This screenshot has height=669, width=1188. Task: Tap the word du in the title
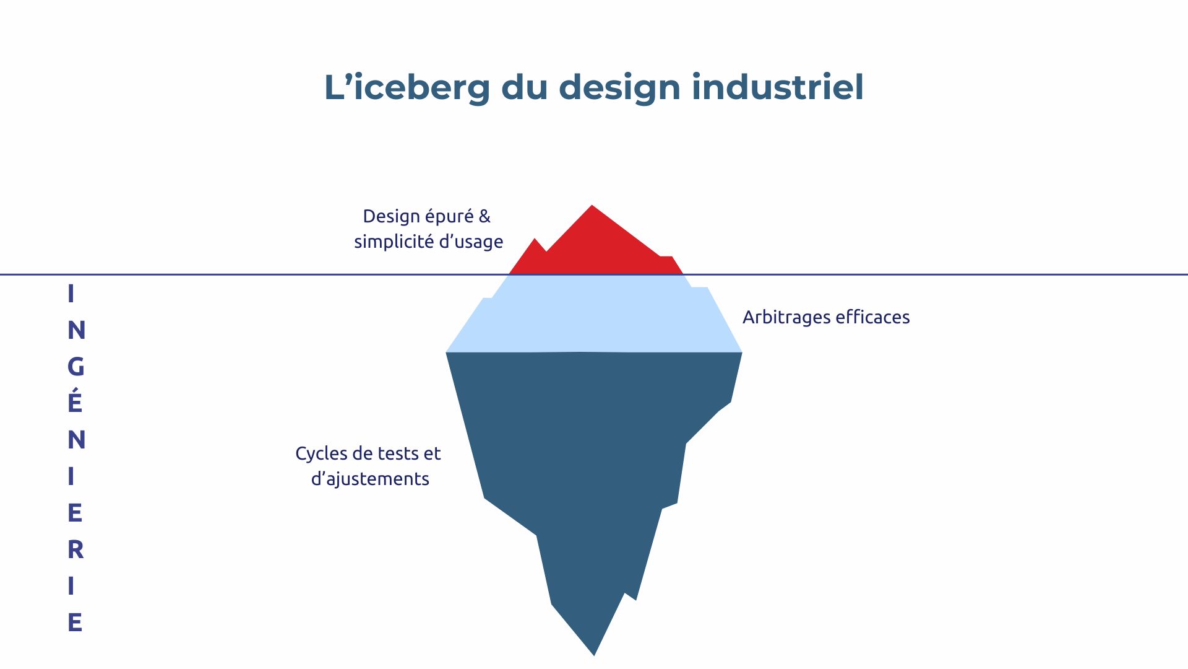pos(524,87)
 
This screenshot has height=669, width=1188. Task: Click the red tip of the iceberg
pos(594,248)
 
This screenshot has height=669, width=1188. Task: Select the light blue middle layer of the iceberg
pos(594,313)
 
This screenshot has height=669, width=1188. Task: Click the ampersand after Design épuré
pos(484,216)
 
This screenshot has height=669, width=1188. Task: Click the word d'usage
pos(471,242)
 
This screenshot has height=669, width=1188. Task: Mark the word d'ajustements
pos(370,479)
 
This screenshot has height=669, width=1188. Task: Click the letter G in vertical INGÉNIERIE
pos(75,367)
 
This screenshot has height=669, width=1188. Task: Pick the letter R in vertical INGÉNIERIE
pos(75,549)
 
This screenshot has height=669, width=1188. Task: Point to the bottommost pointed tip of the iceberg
pos(594,654)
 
